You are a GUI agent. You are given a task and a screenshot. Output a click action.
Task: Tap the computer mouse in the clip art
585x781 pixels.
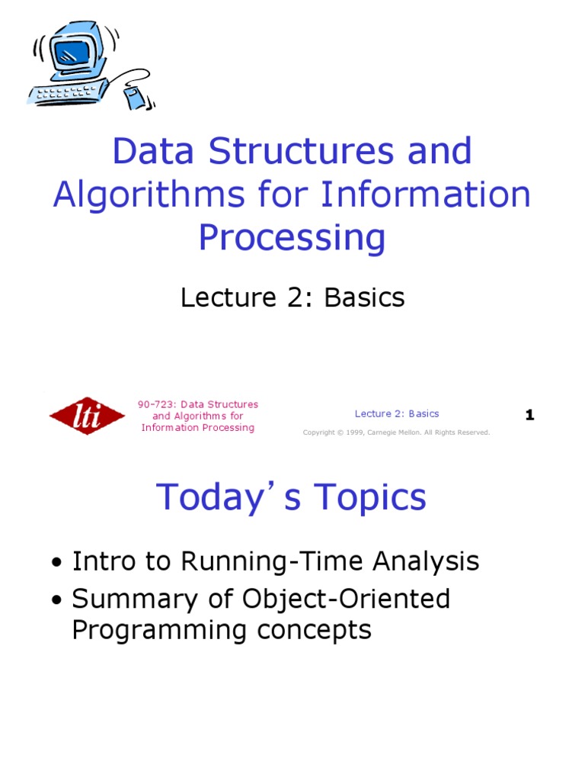click(x=135, y=98)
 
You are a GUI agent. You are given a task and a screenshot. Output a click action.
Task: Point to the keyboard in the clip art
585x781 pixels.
click(x=65, y=94)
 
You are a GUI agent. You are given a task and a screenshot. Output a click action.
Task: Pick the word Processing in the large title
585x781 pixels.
click(x=292, y=237)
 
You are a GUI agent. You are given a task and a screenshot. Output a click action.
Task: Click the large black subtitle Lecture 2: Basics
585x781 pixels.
click(x=292, y=297)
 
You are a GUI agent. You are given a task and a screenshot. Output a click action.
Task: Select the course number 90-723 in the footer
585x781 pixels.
click(x=153, y=404)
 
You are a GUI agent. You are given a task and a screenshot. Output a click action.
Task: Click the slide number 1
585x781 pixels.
click(x=529, y=416)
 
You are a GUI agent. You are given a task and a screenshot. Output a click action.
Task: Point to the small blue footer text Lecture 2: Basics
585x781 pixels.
click(x=397, y=413)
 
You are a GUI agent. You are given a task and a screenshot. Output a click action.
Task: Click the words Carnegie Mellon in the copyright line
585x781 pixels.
click(x=398, y=432)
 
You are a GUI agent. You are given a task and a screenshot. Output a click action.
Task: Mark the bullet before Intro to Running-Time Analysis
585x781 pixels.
click(x=56, y=564)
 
